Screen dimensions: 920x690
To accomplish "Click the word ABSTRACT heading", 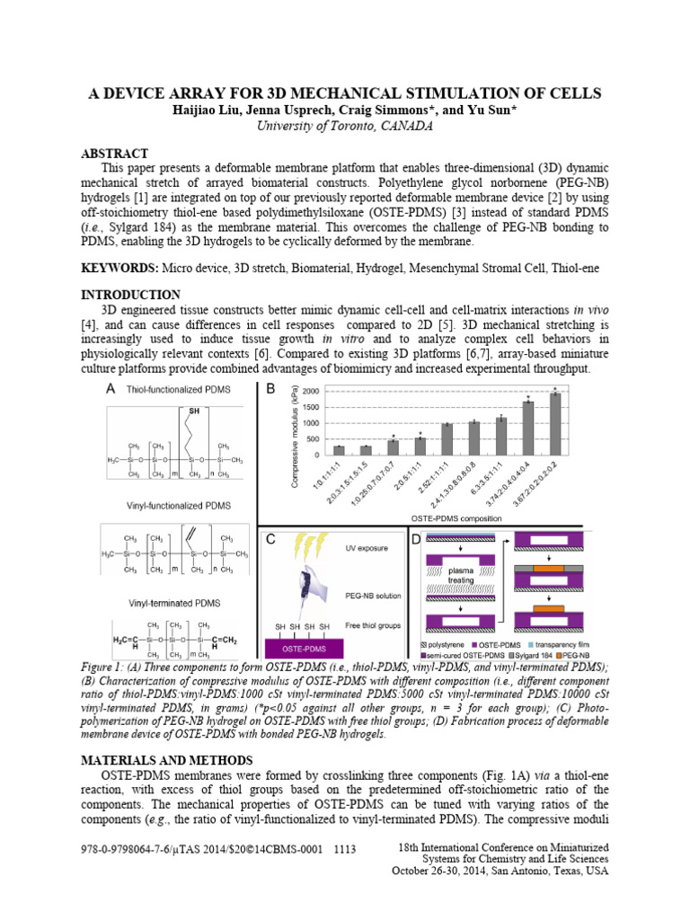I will point(115,154).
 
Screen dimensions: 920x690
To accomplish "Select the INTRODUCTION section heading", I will point(131,295).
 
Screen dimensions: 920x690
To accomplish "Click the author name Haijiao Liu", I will point(212,110).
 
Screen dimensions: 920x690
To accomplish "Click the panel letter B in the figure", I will point(270,389).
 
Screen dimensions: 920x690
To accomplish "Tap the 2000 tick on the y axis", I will point(308,392).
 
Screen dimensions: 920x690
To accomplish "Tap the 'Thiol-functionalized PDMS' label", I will point(177,389).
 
